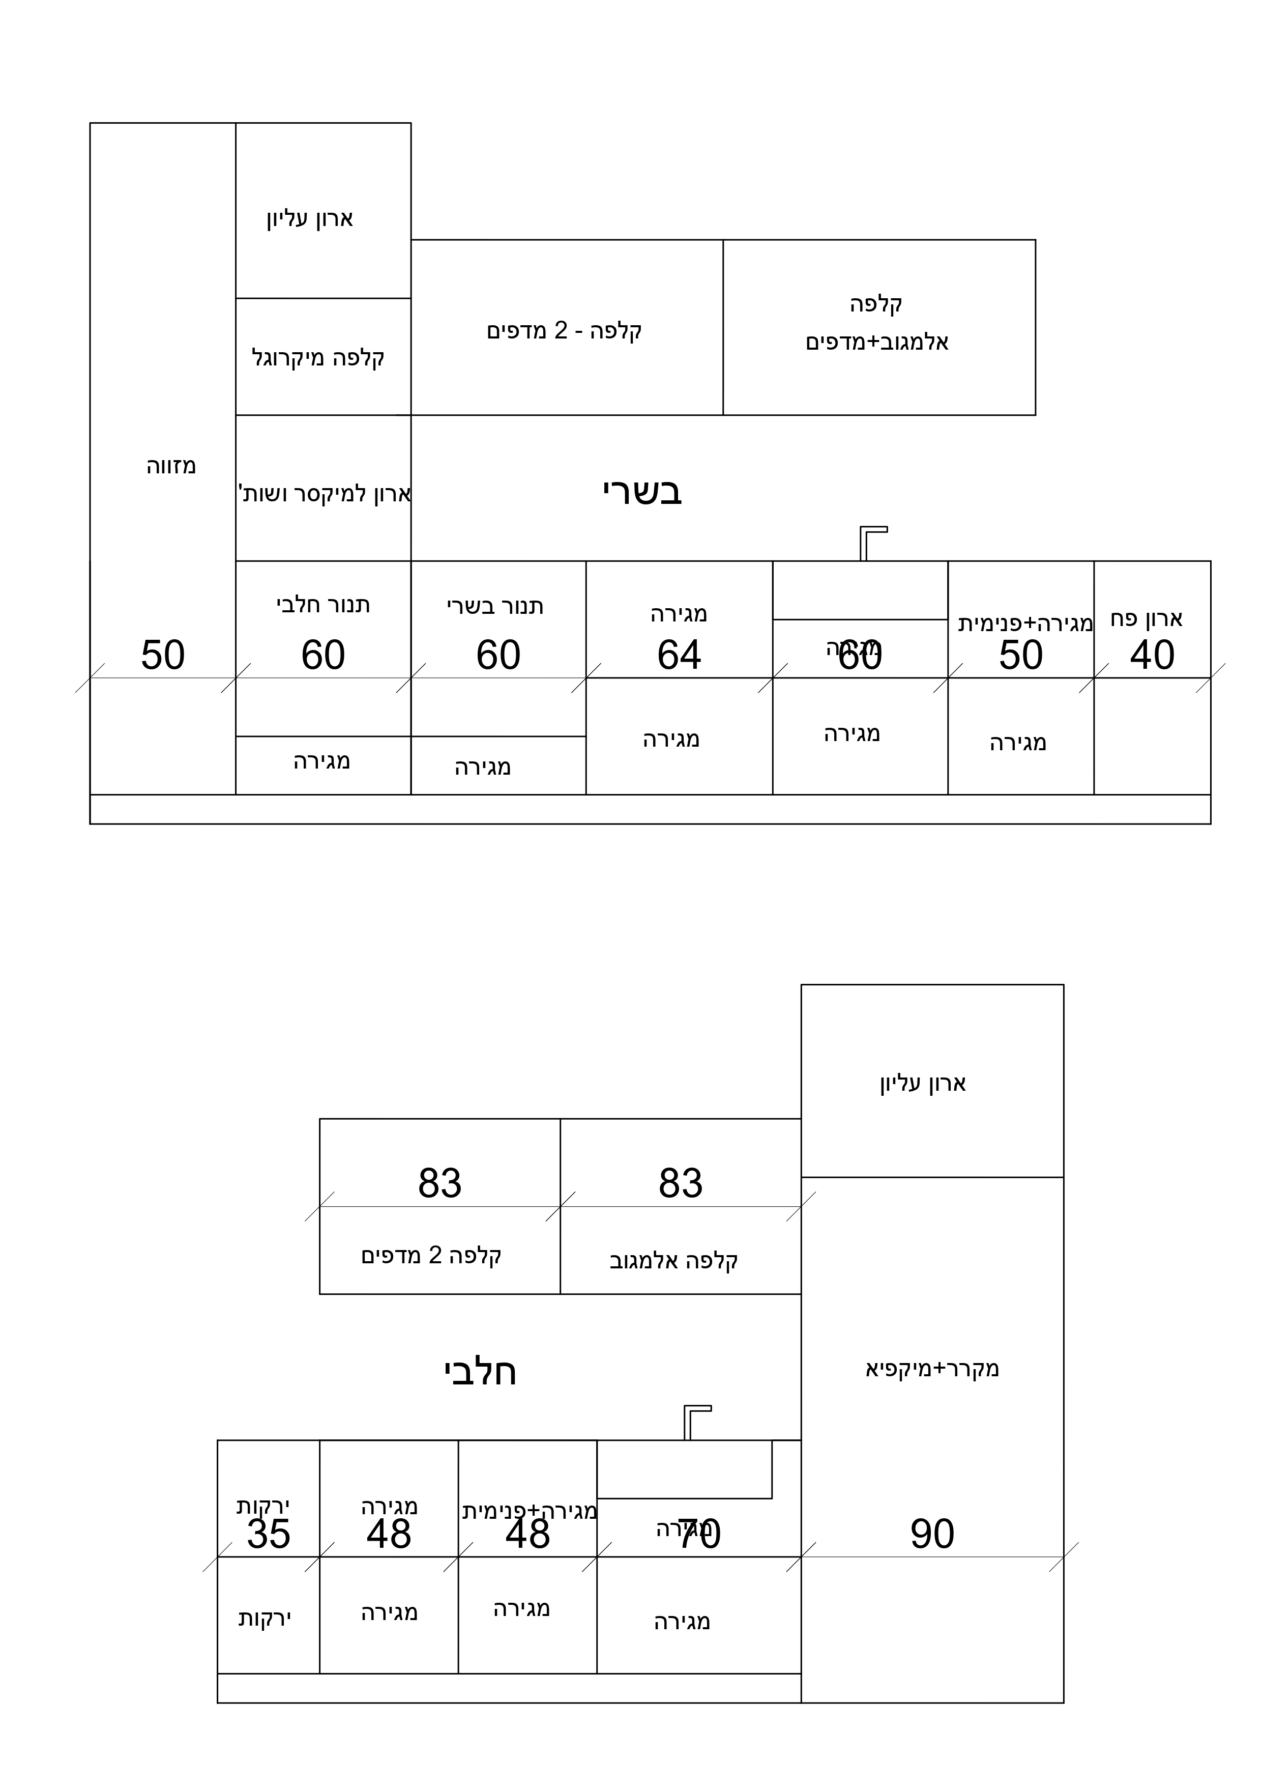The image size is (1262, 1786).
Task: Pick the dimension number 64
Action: click(x=679, y=655)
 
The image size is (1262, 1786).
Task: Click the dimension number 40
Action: click(x=1152, y=655)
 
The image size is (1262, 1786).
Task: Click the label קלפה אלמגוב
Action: click(x=673, y=1261)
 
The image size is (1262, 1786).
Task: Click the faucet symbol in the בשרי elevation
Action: click(x=869, y=542)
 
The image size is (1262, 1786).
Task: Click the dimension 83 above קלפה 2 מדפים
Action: click(x=439, y=1183)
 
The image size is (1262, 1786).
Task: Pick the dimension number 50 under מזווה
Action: click(x=162, y=655)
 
